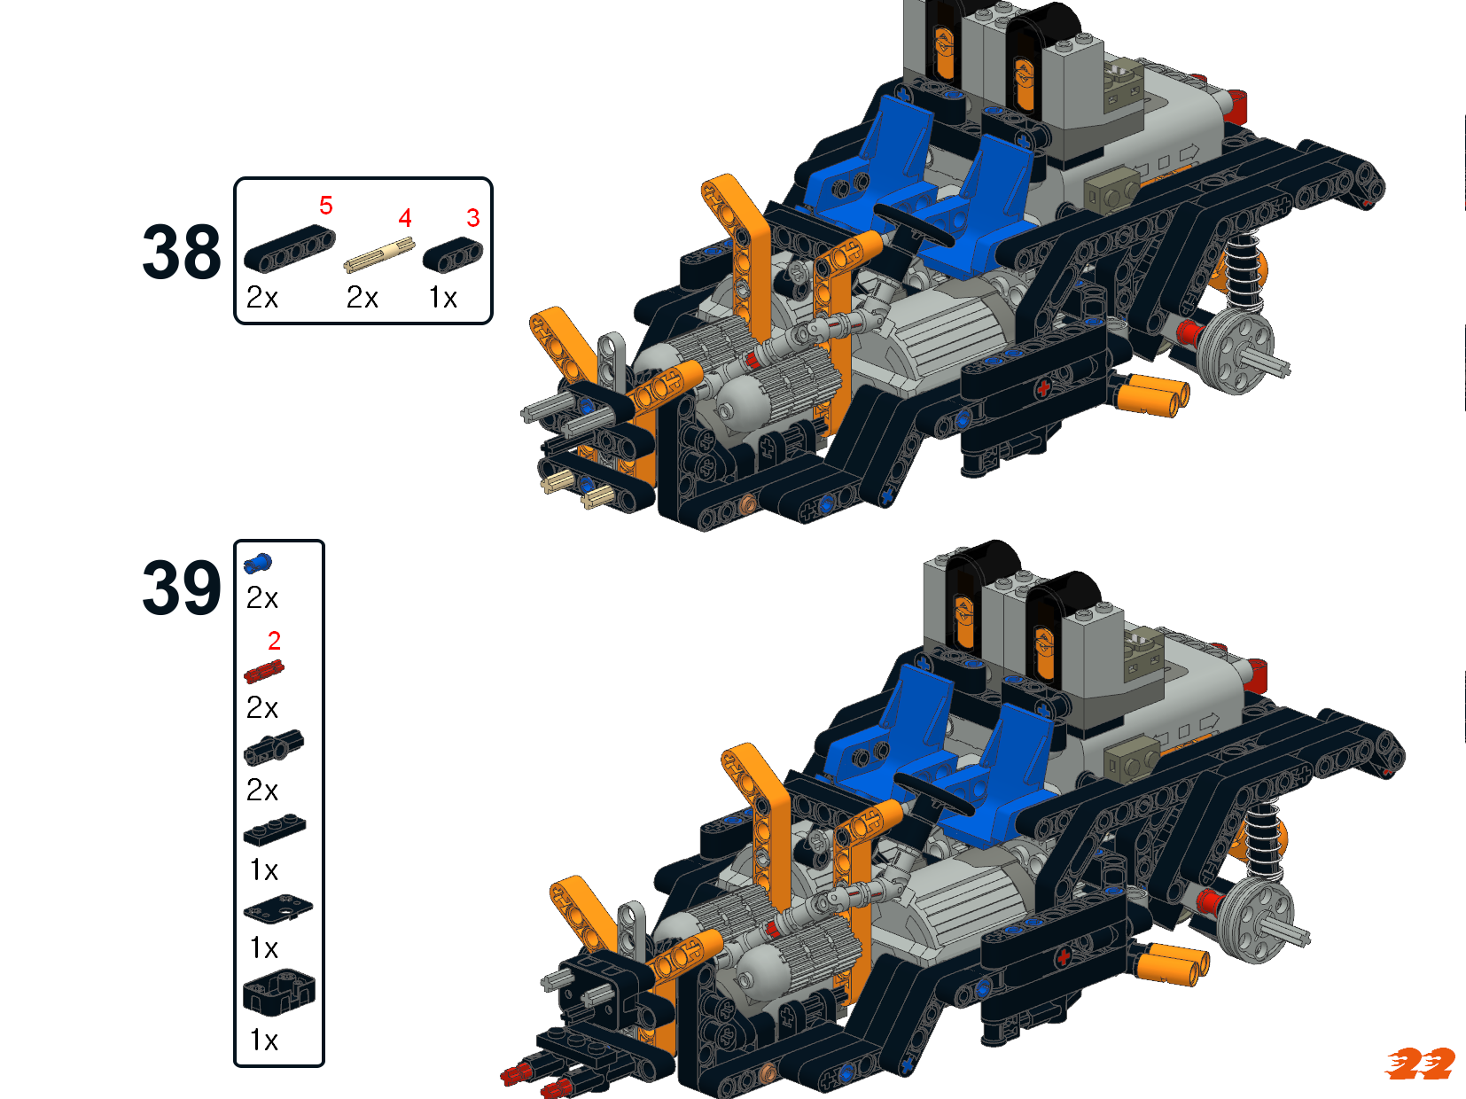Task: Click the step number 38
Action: tap(181, 252)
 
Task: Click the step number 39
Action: tap(181, 588)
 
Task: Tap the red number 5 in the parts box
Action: tap(326, 205)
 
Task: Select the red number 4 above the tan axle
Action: tap(405, 218)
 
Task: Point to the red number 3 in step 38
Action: tap(472, 218)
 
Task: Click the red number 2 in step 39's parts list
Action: tap(274, 641)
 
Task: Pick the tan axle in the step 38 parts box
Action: tap(379, 254)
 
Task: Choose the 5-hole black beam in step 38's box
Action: tap(289, 248)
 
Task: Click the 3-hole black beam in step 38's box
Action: tap(453, 254)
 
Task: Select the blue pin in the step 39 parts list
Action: tap(258, 564)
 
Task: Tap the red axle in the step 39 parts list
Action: tap(264, 672)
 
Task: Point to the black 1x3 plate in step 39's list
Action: tap(275, 830)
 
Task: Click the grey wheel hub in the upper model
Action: tap(1236, 351)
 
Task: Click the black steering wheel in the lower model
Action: tap(933, 791)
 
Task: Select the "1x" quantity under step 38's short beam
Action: tap(443, 298)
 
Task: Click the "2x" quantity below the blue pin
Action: tap(261, 598)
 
